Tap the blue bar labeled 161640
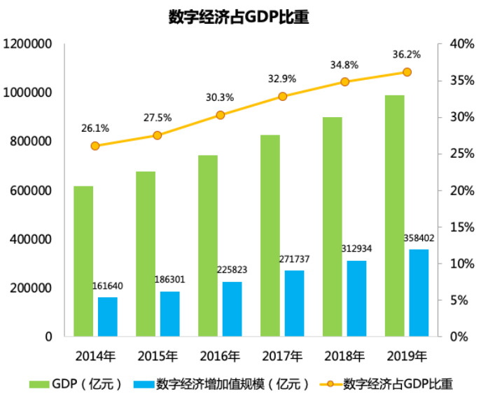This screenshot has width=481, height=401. tap(107, 317)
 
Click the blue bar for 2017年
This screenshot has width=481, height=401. tap(294, 304)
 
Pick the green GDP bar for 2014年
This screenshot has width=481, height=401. tap(83, 261)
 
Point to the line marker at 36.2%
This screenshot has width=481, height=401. tap(407, 72)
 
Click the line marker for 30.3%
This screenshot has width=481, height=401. tap(220, 115)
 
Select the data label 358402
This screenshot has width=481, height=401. tap(419, 238)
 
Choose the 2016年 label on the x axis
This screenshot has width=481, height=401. tap(219, 356)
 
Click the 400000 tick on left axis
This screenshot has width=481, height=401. tap(31, 239)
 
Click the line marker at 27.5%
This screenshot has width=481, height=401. tap(158, 135)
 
